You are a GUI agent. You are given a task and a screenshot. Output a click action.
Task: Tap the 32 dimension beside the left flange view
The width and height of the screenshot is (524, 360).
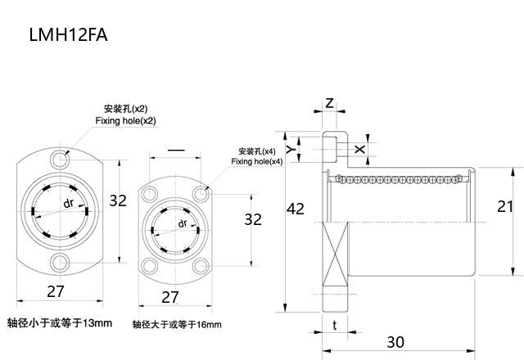coord(119,200)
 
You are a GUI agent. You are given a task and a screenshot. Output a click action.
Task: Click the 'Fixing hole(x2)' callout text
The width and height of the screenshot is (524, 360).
coord(125,121)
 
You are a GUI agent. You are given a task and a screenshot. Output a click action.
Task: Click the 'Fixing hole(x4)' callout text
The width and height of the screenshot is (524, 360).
coord(256,162)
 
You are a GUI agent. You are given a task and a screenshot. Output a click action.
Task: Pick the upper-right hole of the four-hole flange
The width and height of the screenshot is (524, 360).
coord(201,194)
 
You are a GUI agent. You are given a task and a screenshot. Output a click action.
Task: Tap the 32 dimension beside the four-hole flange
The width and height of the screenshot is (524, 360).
coord(253,219)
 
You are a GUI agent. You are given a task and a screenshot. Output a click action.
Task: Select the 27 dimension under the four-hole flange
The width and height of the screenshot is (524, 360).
coord(169,296)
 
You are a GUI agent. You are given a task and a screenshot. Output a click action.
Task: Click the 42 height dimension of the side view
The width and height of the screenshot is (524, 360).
coord(296,209)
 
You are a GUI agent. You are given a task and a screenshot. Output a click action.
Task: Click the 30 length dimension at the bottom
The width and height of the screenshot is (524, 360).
coord(396,341)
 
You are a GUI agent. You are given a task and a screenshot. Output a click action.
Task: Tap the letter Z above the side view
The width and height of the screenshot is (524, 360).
coord(329,103)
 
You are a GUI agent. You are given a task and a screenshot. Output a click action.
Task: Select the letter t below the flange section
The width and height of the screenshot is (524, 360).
coord(334,324)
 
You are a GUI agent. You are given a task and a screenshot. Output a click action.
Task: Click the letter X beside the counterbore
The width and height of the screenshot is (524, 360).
coord(361,148)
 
